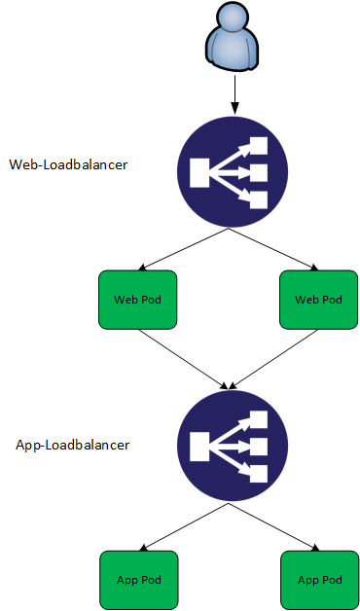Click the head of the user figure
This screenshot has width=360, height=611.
pyautogui.click(x=233, y=18)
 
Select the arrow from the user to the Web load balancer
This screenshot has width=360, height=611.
pyautogui.click(x=234, y=94)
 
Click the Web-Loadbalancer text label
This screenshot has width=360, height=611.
pyautogui.click(x=68, y=164)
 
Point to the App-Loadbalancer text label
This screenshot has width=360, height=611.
pyautogui.click(x=72, y=445)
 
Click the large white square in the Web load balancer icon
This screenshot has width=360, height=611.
pyautogui.click(x=199, y=172)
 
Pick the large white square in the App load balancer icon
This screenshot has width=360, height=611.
pyautogui.click(x=199, y=446)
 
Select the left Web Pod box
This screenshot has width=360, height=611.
pyautogui.click(x=138, y=300)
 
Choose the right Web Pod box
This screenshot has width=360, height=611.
pyautogui.click(x=319, y=300)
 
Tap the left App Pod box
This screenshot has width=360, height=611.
pyautogui.click(x=139, y=580)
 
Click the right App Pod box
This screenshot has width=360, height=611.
pyautogui.click(x=320, y=580)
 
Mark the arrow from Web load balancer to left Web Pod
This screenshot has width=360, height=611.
pyautogui.click(x=184, y=249)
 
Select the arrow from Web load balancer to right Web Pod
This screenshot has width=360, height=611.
pyautogui.click(x=273, y=249)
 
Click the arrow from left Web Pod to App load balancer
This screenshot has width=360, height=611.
pyautogui.click(x=183, y=359)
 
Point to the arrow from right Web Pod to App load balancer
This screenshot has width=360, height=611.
pyautogui.click(x=273, y=359)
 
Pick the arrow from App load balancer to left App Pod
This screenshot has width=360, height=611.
pyautogui.click(x=184, y=526)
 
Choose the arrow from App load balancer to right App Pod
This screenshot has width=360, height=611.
pyautogui.click(x=274, y=526)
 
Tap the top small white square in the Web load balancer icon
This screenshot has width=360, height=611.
pyautogui.click(x=259, y=145)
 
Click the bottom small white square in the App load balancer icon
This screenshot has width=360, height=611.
pyautogui.click(x=259, y=474)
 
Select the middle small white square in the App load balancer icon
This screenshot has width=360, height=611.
pyautogui.click(x=259, y=447)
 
